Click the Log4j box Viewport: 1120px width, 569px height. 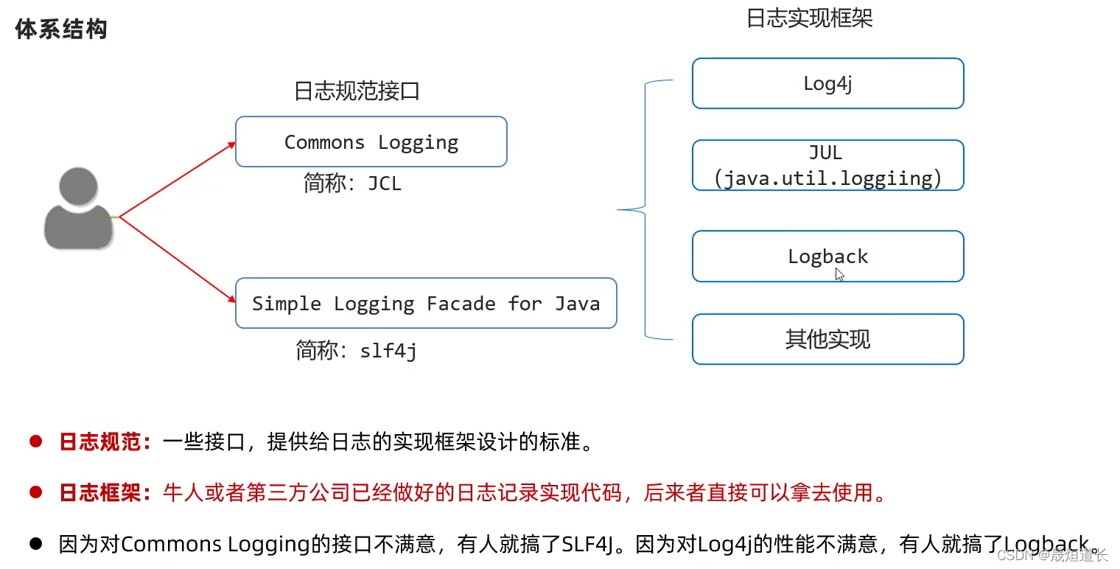coord(827,83)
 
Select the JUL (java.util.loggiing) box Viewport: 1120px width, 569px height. coord(827,165)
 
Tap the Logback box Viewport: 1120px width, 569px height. coord(827,256)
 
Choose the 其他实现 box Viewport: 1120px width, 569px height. coord(827,339)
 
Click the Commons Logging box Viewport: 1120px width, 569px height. coord(371,142)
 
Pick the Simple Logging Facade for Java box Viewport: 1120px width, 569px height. coord(425,303)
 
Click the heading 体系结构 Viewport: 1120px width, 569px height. coord(61,29)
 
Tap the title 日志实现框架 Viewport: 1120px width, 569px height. coord(809,18)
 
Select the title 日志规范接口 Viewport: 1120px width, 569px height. coord(357,91)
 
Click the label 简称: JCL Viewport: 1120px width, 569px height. coord(352,184)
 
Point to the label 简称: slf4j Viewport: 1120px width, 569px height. coord(356,351)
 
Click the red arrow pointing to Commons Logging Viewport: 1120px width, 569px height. coord(177,181)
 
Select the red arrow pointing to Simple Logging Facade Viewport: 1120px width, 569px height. coord(177,259)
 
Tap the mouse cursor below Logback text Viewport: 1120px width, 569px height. coord(840,275)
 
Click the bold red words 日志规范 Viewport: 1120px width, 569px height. coord(105,442)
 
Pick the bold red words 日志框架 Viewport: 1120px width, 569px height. coord(105,492)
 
